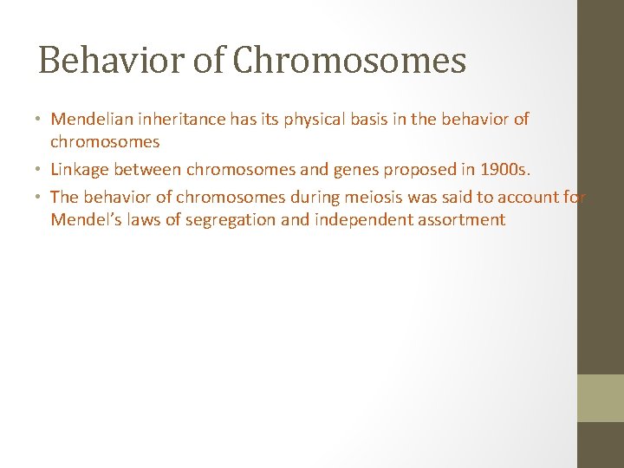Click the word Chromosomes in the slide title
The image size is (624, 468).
coord(350,61)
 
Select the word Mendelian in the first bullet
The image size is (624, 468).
coord(91,119)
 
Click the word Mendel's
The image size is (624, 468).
coord(83,219)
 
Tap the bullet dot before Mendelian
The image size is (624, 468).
coord(42,120)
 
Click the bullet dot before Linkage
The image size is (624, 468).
coord(42,170)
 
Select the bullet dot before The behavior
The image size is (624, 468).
coord(42,198)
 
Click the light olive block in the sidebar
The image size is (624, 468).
coord(601,398)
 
